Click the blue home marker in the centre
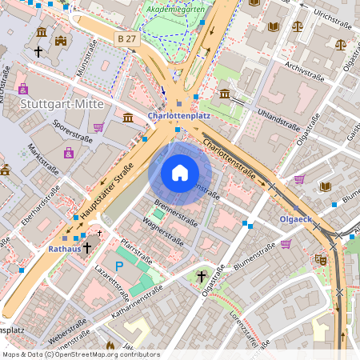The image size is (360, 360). [180, 172]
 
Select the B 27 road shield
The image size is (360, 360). [125, 38]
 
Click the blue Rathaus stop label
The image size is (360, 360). [65, 249]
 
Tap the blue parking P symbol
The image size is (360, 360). [119, 266]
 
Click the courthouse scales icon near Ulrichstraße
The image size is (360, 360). [298, 26]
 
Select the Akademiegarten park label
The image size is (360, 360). [175, 9]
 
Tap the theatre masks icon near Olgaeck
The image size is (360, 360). [320, 259]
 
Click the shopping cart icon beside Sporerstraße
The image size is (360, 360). [98, 126]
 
